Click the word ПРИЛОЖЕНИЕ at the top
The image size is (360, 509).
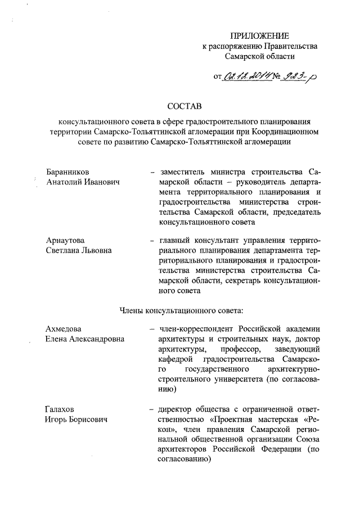[259, 35]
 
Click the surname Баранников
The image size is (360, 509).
[67, 171]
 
